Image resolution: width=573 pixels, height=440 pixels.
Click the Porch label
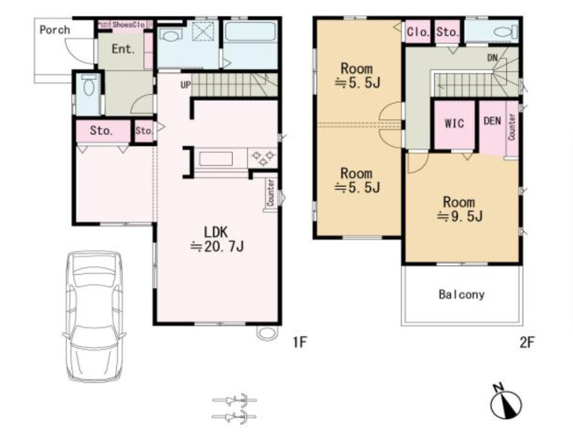click(54, 30)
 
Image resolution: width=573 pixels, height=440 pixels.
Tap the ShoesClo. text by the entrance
click(129, 25)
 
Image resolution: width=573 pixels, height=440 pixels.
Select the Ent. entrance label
click(123, 48)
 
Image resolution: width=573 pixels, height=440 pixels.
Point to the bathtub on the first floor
click(250, 32)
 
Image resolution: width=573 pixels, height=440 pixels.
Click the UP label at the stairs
click(185, 84)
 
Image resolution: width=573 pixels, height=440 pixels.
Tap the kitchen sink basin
click(215, 159)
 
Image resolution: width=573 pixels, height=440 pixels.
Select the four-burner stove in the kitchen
click(263, 158)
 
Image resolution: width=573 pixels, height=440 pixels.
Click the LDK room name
click(215, 232)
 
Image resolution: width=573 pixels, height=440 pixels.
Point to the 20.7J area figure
click(217, 247)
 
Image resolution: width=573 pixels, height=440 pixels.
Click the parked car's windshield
click(94, 276)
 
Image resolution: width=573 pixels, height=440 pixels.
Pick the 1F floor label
click(300, 343)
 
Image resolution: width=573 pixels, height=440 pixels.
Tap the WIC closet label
click(454, 124)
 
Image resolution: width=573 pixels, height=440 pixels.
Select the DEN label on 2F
click(492, 121)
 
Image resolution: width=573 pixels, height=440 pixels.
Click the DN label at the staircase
click(492, 58)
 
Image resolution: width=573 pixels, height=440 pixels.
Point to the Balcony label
click(461, 294)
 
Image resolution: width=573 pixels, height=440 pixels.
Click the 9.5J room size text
click(461, 217)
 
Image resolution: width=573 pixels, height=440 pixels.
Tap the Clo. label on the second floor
click(418, 32)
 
